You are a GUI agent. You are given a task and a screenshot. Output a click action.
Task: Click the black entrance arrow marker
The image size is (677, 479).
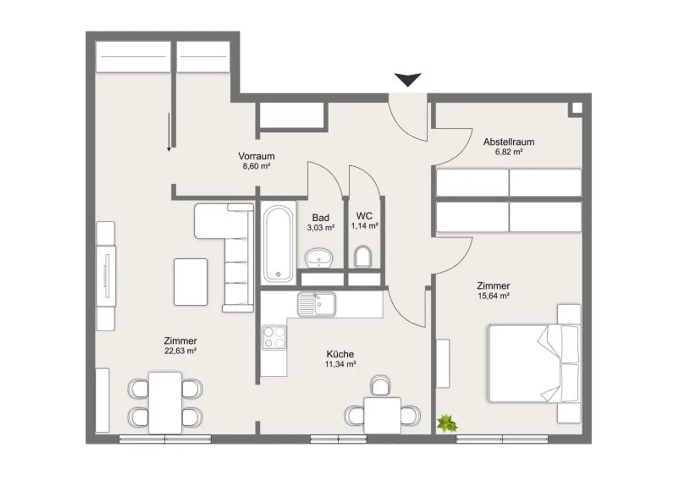408,79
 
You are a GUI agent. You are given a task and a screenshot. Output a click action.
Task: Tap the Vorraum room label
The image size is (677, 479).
256,156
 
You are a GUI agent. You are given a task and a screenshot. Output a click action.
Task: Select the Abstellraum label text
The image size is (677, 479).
509,142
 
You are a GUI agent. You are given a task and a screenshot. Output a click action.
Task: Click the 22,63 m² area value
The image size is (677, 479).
180,351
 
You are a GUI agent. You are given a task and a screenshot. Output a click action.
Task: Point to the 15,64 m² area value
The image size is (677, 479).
494,296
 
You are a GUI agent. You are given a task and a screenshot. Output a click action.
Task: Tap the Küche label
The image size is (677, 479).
340,354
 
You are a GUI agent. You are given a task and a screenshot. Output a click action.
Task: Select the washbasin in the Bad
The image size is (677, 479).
320,257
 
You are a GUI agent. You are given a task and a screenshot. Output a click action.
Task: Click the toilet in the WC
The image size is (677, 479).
363,256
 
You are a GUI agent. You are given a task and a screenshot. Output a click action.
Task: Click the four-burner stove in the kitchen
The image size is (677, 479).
274,338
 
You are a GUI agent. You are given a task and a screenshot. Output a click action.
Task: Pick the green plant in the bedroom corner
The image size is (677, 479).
447,423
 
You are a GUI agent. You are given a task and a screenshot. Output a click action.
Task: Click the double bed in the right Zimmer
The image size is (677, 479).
533,363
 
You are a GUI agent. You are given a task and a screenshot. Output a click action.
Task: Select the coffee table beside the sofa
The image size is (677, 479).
190,282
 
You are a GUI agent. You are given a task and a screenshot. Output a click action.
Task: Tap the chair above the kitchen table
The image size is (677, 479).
379,386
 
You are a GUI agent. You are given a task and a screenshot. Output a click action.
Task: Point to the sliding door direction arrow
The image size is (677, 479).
168,132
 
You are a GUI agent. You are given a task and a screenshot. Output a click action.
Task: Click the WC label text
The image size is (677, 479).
364,216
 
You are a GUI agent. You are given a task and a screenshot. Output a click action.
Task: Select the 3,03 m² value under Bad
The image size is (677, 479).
320,228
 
